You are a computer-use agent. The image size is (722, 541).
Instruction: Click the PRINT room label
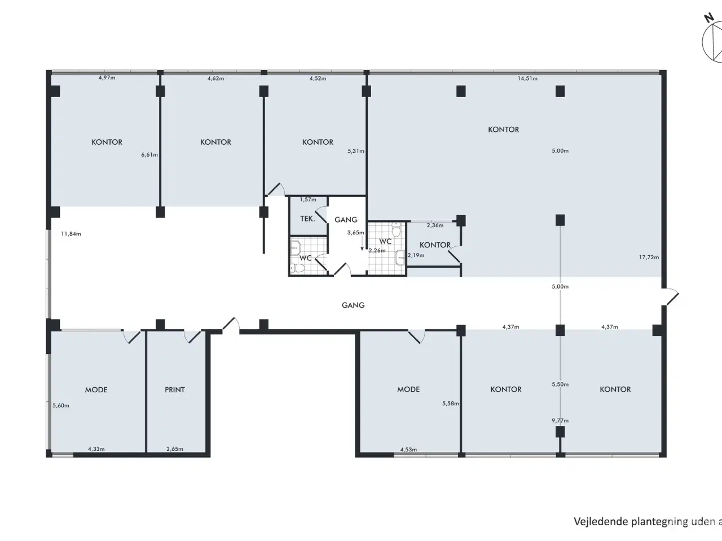(175, 389)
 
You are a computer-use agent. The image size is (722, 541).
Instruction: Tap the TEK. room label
(307, 219)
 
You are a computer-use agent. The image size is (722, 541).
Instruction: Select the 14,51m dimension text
(527, 78)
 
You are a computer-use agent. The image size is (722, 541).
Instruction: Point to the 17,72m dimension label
(649, 257)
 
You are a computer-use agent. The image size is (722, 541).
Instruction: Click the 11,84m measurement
(71, 234)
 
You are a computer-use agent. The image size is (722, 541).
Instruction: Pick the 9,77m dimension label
(560, 420)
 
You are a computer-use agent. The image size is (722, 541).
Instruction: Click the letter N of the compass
(709, 17)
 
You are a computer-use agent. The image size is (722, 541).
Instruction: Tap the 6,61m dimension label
(149, 154)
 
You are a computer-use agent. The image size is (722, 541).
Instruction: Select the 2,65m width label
(175, 449)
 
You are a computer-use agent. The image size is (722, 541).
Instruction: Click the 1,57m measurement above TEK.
(308, 199)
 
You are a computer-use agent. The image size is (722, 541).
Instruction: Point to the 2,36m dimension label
(435, 225)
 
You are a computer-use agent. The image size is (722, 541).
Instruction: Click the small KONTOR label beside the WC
(435, 245)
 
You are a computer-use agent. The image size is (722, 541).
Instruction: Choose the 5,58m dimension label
(450, 403)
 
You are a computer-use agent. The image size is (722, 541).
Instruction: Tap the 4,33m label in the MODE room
(96, 449)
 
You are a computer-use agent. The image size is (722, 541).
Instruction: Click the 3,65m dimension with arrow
(355, 233)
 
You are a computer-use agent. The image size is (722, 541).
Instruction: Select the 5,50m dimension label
(560, 384)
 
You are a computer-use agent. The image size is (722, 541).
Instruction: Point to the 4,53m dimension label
(408, 450)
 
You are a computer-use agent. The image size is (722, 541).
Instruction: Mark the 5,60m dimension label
(61, 406)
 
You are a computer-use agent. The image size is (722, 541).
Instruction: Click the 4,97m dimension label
(107, 78)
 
